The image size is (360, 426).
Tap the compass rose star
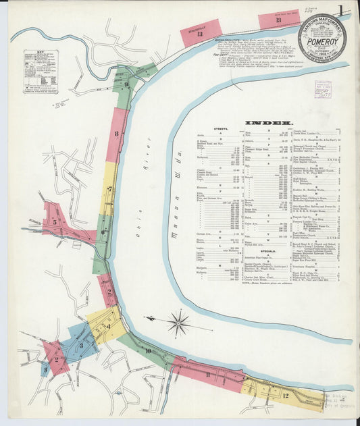tap(178, 323)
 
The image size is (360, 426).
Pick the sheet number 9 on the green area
tap(126, 85)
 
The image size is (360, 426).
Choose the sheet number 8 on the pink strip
tap(116, 134)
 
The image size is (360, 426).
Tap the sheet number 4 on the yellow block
tap(108, 327)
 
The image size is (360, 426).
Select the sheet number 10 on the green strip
tap(147, 350)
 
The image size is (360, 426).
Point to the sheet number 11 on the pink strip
tap(208, 374)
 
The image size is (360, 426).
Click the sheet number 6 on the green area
tap(103, 233)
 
